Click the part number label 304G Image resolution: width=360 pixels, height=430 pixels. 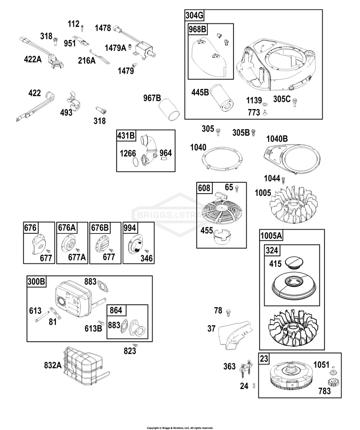(194, 15)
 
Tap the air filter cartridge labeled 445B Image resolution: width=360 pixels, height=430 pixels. (222, 97)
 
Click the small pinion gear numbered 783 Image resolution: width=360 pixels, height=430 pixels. (333, 382)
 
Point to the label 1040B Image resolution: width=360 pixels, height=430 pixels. (277, 139)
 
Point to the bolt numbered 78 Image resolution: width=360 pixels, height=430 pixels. (229, 312)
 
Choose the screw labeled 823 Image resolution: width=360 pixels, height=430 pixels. (135, 345)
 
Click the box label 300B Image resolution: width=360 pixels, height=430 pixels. (36, 282)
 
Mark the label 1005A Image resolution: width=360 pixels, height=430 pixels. (271, 235)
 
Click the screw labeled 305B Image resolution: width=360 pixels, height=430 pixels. (254, 132)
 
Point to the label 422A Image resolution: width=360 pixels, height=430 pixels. (33, 59)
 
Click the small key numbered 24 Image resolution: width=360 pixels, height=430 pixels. (254, 385)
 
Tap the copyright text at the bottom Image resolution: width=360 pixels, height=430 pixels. (180, 428)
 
